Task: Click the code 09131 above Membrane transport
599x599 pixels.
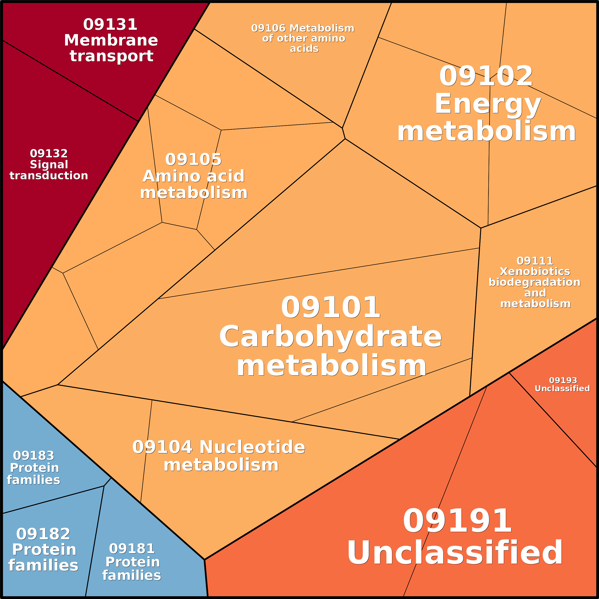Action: tap(110, 25)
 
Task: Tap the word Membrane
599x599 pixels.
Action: tap(111, 40)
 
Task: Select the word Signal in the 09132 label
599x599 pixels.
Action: tap(49, 164)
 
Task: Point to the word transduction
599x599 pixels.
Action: tap(49, 176)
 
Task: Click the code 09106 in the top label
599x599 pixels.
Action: tap(268, 28)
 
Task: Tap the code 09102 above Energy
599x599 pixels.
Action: tap(486, 76)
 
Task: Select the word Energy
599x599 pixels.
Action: tap(488, 104)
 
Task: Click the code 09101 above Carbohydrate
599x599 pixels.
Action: tap(330, 308)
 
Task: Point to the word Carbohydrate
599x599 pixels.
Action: tap(330, 337)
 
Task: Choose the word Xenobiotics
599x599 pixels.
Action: tap(535, 272)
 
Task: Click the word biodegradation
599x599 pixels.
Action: tap(535, 282)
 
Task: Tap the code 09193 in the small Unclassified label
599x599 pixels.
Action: tap(563, 380)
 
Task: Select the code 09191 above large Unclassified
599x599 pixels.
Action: tap(457, 521)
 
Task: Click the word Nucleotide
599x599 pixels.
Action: tap(252, 447)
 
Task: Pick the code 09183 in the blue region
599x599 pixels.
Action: tap(34, 456)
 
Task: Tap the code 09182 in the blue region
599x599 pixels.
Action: tap(43, 534)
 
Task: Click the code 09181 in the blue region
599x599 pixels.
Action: tap(132, 549)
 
